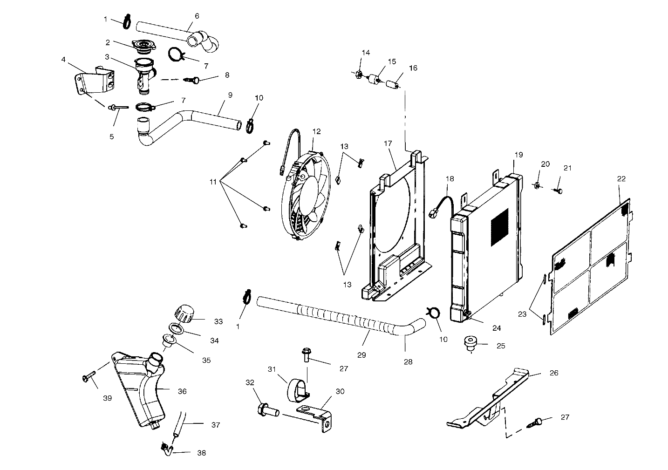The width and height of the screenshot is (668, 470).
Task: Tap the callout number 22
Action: click(x=621, y=178)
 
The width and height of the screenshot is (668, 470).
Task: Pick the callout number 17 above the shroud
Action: click(x=388, y=143)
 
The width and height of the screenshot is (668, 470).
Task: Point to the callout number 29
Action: click(x=361, y=355)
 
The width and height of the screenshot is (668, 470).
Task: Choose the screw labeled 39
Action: click(x=89, y=376)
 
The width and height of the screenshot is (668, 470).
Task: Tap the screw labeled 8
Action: click(x=192, y=80)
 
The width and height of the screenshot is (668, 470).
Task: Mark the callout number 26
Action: click(x=554, y=373)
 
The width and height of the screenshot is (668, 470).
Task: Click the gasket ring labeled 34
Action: click(x=177, y=328)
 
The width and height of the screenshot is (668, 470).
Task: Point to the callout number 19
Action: click(x=518, y=155)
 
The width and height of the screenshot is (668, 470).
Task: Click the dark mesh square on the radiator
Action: click(x=499, y=227)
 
